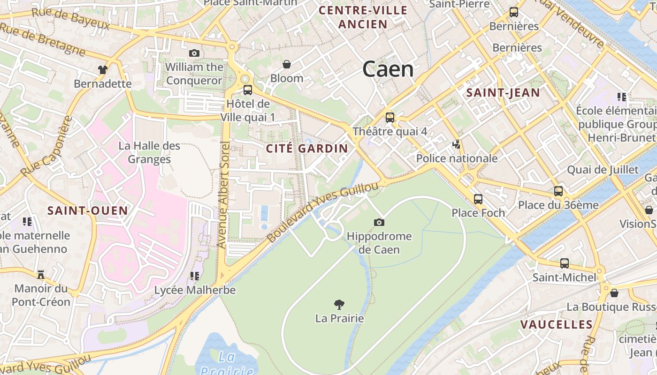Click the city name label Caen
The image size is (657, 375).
pyautogui.click(x=388, y=69)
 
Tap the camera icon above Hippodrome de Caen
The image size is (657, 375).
pyautogui.click(x=379, y=222)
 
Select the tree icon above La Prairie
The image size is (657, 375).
pyautogui.click(x=339, y=305)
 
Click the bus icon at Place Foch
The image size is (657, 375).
pyautogui.click(x=478, y=199)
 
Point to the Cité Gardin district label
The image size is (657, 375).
pyautogui.click(x=307, y=149)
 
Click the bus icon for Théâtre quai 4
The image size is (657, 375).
pyautogui.click(x=390, y=118)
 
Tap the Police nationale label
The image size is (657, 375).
pyautogui.click(x=457, y=158)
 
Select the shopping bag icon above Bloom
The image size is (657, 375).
pyautogui.click(x=286, y=64)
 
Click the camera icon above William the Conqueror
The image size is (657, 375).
pyautogui.click(x=194, y=53)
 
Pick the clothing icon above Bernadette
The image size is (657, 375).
pyautogui.click(x=103, y=70)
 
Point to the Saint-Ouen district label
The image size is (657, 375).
pyautogui.click(x=88, y=210)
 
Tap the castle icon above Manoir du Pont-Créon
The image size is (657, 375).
pyautogui.click(x=40, y=274)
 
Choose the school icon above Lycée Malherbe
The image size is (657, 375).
pyautogui.click(x=195, y=276)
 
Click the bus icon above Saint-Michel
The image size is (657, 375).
pyautogui.click(x=564, y=263)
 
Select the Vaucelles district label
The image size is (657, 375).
pyautogui.click(x=556, y=324)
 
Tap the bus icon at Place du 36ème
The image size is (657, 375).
pyautogui.click(x=558, y=191)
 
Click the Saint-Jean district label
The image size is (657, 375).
pyautogui.click(x=503, y=92)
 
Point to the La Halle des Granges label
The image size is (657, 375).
pyautogui.click(x=149, y=152)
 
